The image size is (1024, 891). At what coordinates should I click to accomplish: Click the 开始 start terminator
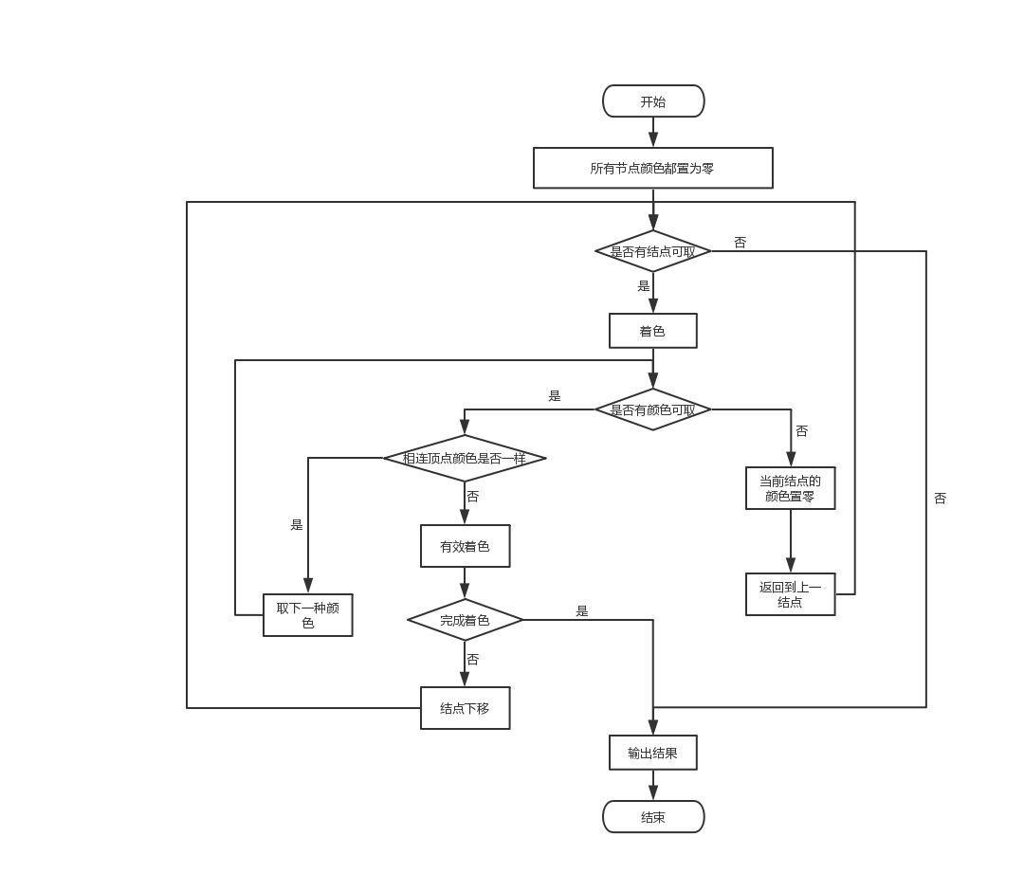(x=653, y=101)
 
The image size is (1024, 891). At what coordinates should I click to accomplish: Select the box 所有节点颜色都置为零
(x=652, y=168)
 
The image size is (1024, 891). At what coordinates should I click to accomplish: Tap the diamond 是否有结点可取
(x=652, y=251)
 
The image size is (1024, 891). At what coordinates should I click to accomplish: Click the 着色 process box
(x=652, y=331)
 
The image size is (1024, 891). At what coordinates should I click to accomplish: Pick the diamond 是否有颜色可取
(x=652, y=409)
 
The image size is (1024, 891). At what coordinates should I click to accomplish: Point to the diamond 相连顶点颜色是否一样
(x=465, y=458)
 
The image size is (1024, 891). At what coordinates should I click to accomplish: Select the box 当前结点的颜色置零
(x=790, y=488)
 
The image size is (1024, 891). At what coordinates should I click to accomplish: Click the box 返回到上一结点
(x=790, y=594)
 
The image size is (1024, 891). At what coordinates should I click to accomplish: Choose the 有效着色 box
(x=465, y=546)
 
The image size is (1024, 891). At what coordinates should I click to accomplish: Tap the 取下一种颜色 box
(x=307, y=615)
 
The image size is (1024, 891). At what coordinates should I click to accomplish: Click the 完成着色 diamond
(x=465, y=620)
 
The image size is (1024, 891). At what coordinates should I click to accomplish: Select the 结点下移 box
(x=465, y=708)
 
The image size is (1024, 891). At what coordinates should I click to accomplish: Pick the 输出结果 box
(x=652, y=753)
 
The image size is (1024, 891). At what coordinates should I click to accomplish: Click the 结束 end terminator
(x=653, y=817)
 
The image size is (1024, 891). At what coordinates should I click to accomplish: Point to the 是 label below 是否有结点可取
(x=644, y=286)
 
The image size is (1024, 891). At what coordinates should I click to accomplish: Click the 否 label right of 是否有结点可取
(x=740, y=243)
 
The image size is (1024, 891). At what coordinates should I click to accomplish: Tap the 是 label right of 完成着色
(x=582, y=611)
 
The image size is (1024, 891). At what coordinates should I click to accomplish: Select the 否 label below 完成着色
(x=472, y=660)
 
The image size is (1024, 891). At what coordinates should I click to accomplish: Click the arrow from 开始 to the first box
(x=652, y=132)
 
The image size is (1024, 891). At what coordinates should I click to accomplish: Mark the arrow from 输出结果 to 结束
(x=652, y=785)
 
